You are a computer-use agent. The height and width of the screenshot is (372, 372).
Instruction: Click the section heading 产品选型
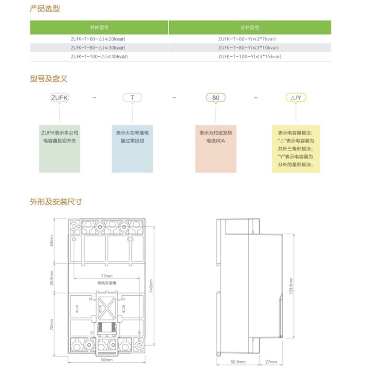point(45,9)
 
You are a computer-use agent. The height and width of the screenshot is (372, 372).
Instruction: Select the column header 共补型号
point(99,27)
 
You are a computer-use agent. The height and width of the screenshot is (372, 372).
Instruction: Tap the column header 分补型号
point(250,27)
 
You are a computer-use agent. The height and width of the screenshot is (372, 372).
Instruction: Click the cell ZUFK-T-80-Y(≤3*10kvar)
point(250,48)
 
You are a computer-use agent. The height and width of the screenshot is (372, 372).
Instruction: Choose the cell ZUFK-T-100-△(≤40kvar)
point(99,56)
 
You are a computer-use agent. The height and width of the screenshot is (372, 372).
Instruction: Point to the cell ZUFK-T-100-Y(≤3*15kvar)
point(250,56)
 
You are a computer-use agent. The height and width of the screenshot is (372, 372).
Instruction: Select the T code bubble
point(133,98)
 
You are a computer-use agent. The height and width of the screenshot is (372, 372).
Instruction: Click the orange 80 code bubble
point(216,98)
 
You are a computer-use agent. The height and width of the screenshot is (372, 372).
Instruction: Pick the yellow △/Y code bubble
point(296,98)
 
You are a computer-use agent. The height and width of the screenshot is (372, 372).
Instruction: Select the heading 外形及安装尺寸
point(56,202)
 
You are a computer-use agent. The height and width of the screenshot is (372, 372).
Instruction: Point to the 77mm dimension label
point(107,276)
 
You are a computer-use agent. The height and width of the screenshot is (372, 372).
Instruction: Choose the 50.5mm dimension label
point(237,361)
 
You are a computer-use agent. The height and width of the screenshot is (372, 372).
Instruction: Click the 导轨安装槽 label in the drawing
point(107,282)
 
